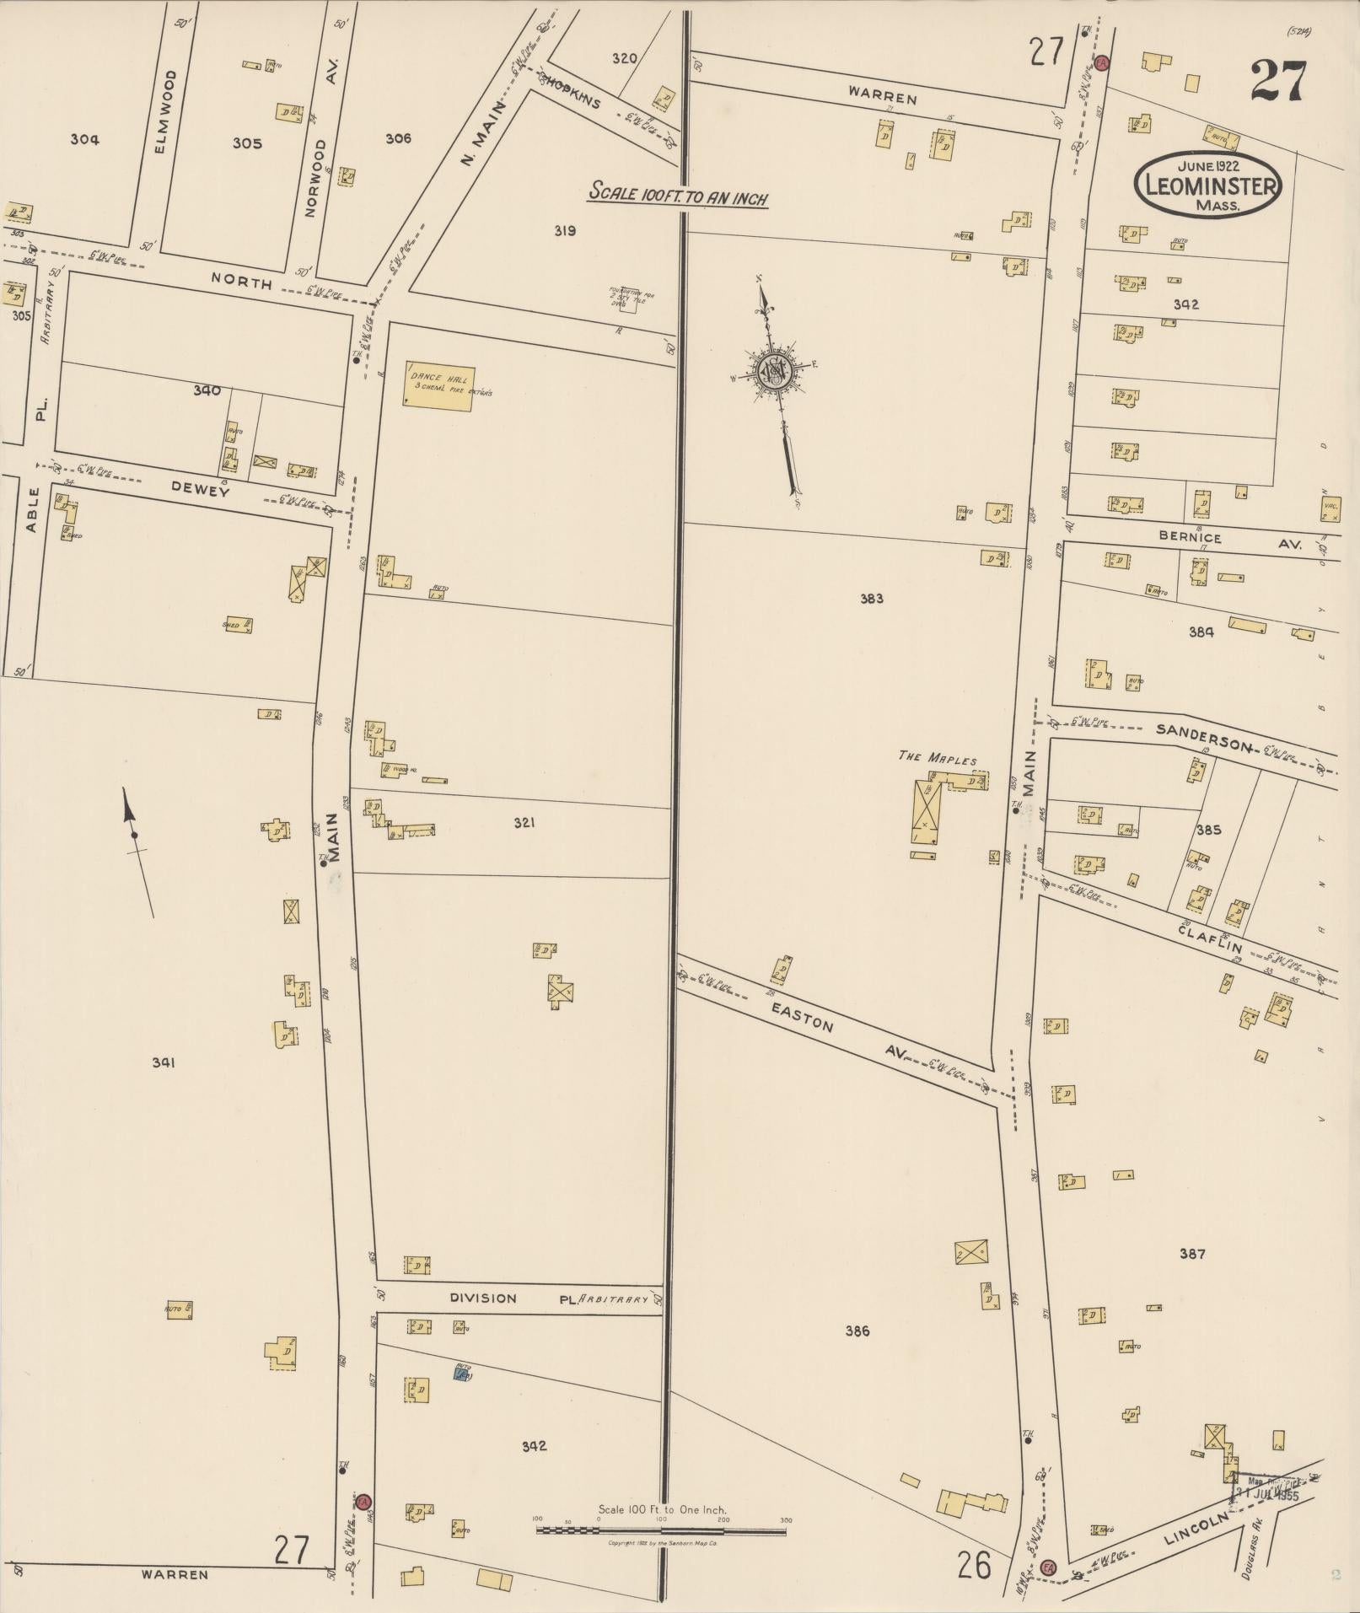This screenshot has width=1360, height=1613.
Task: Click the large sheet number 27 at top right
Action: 1277,81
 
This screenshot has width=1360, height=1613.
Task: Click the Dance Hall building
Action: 438,386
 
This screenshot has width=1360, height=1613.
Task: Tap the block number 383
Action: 871,599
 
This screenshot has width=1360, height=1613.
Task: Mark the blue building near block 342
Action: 462,1374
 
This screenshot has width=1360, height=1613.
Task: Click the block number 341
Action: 164,1062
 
